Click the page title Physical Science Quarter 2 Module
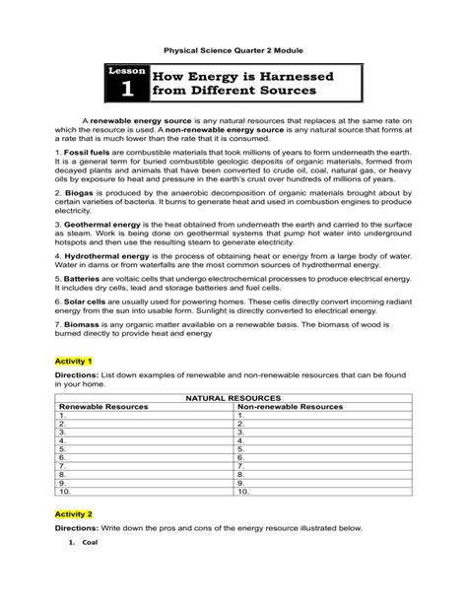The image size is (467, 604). (233, 47)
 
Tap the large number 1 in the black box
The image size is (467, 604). (126, 91)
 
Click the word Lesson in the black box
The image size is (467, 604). (126, 72)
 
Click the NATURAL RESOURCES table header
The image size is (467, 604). (233, 398)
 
